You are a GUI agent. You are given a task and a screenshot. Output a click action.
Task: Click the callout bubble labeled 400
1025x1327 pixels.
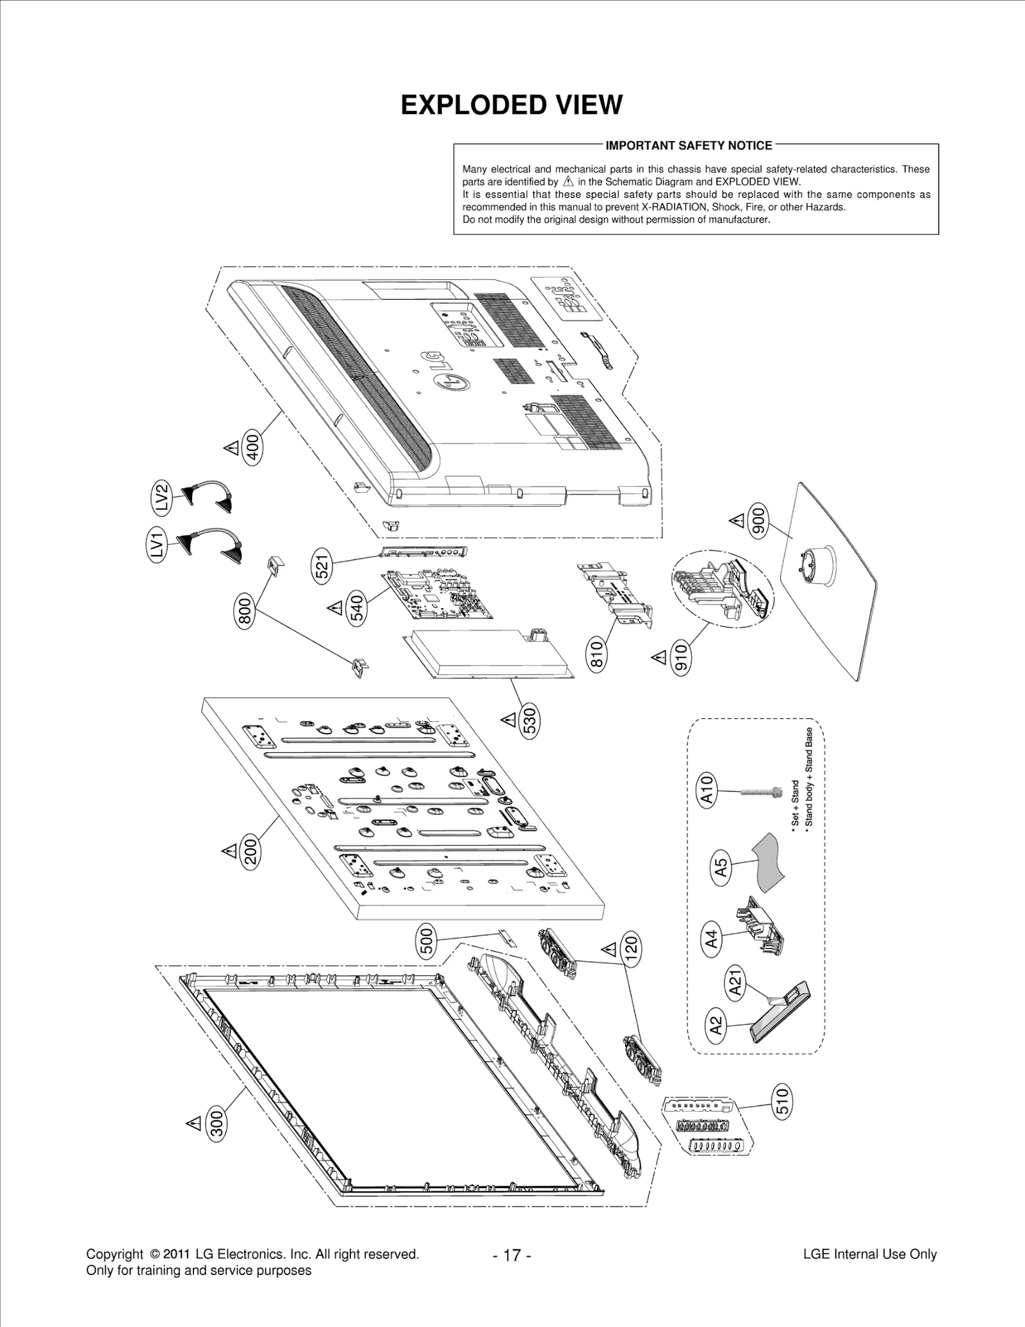(253, 447)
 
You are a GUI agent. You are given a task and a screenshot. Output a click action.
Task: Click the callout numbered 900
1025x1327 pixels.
(758, 522)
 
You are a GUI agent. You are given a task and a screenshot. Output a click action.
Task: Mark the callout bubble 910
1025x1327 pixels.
(682, 657)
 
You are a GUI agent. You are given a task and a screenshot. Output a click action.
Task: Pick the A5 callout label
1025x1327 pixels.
(721, 868)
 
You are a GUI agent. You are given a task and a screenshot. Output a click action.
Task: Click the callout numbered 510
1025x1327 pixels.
(783, 1101)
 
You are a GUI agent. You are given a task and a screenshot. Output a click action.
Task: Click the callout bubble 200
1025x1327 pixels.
(250, 852)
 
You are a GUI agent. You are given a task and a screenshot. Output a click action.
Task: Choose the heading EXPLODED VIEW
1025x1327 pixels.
(511, 105)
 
